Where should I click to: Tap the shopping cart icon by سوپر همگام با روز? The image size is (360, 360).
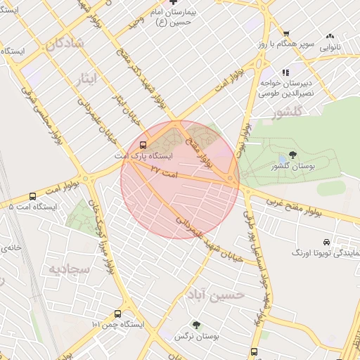[285, 34]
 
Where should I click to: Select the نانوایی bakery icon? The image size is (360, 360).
[330, 37]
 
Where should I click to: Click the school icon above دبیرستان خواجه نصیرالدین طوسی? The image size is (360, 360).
[285, 72]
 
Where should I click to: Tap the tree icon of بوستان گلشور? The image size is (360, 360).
[292, 155]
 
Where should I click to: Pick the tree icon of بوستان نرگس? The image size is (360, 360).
[196, 325]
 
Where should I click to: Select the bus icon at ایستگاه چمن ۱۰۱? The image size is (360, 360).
[117, 314]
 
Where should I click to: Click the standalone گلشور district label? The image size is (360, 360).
[289, 112]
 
